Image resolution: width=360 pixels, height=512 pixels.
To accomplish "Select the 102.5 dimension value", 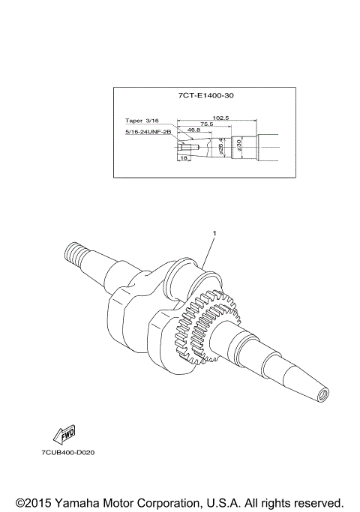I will coord(220,118).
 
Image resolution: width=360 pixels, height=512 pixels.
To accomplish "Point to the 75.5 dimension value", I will coord(207,124).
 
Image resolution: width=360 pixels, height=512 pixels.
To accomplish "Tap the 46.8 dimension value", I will coord(193,130).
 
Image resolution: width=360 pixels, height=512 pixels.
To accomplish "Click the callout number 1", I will coord(214,235).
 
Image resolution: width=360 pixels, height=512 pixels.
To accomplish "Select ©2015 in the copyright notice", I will coord(32,502).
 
